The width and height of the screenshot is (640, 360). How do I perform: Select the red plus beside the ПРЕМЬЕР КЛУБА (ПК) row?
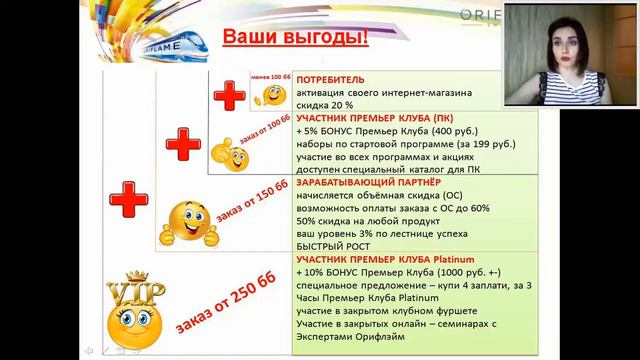point(183,146)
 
